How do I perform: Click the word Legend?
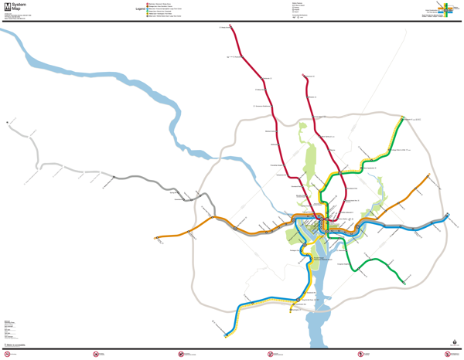tap(140, 9)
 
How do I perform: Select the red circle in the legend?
tap(148, 4)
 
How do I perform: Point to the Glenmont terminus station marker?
tap(304, 76)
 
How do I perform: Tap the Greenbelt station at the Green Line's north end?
tap(403, 119)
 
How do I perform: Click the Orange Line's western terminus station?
tap(156, 238)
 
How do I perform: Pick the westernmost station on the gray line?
tap(8, 122)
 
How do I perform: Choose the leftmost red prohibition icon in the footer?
tap(8, 355)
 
